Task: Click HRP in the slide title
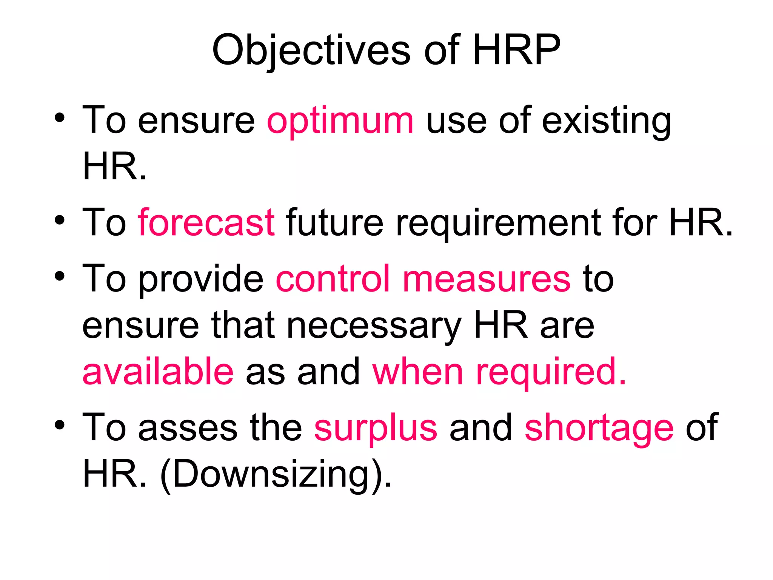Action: coord(516,50)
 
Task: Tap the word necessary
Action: coord(374,326)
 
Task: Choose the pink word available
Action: coord(158,372)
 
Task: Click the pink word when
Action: coord(417,372)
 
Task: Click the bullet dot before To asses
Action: coord(60,425)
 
